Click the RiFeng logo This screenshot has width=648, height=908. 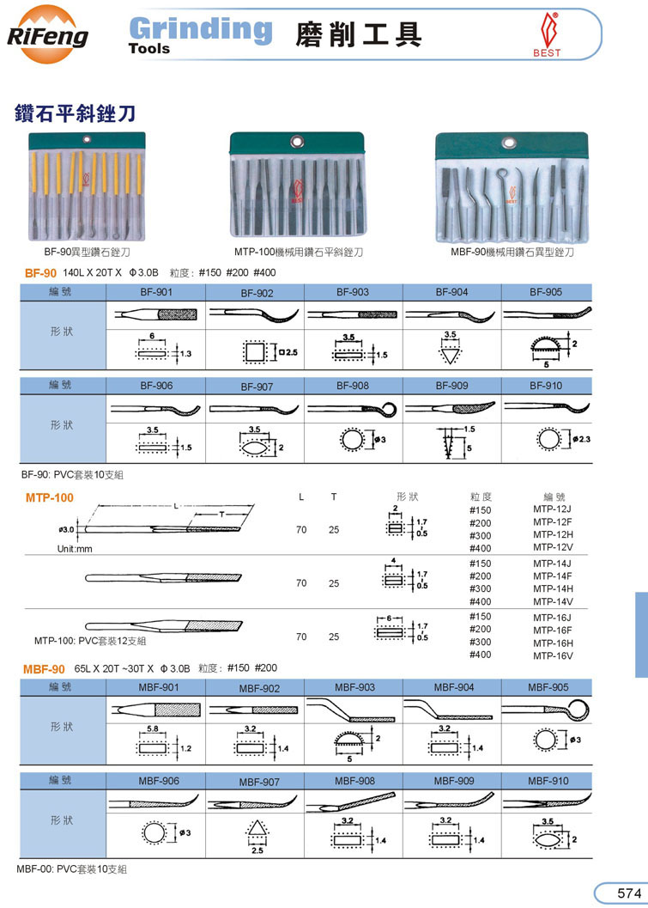coord(47,34)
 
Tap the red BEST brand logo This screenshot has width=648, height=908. coord(546,34)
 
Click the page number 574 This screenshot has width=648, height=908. coord(629,893)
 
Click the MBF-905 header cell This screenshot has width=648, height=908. coord(548,687)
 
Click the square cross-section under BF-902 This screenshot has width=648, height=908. coord(255,351)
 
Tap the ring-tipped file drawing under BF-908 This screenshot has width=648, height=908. coord(353,410)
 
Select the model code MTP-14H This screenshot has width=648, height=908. coord(553,589)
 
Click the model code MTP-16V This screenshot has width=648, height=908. coord(553,655)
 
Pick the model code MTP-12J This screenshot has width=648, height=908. coord(552,509)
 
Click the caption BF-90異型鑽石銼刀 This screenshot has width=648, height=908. coord(87,252)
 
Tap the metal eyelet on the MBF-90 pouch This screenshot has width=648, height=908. coord(510,143)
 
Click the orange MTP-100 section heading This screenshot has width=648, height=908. coord(50,497)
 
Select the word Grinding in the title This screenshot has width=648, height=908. coord(202,29)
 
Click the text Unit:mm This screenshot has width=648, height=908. coord(75,549)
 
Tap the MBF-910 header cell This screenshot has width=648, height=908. coord(548,781)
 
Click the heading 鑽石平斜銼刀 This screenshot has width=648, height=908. coord(76,113)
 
